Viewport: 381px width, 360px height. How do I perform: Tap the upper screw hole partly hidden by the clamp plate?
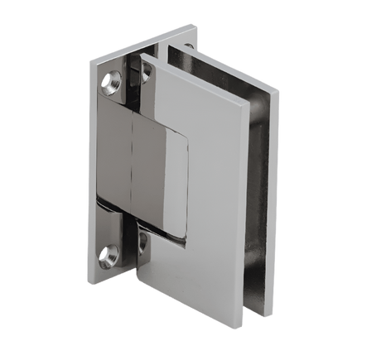(x=146, y=74)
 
